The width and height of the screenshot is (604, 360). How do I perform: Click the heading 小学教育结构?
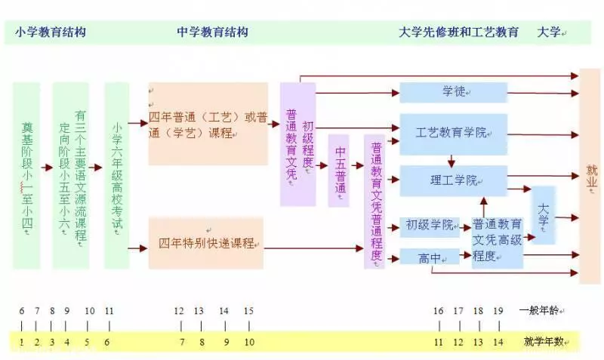point(51,32)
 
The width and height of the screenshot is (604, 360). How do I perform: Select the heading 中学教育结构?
point(213,32)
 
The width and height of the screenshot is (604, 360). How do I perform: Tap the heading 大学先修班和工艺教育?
point(458,32)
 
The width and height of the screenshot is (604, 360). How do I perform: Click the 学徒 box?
point(454,92)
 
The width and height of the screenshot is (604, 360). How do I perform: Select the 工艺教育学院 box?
point(454,134)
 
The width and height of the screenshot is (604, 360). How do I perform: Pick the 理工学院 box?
point(454,180)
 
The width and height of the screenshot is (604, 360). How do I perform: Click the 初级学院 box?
point(430,226)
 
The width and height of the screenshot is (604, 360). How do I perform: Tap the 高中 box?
point(430,257)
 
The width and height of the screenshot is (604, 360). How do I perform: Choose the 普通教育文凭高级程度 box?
point(498,242)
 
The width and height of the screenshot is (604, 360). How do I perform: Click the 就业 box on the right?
point(590,177)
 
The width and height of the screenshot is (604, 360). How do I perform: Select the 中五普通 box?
point(339,171)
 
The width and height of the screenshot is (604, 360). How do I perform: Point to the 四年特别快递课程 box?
point(206,243)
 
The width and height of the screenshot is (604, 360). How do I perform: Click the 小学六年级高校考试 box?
point(117,176)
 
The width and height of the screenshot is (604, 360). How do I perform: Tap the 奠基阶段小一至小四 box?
point(26,176)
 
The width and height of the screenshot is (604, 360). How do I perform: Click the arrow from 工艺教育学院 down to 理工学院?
point(451,161)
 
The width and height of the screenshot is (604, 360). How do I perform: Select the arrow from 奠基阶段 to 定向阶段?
point(47,168)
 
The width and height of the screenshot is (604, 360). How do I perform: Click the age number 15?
point(249,311)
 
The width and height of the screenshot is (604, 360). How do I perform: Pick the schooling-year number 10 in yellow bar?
point(249,342)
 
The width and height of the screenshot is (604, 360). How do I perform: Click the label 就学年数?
point(544,341)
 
